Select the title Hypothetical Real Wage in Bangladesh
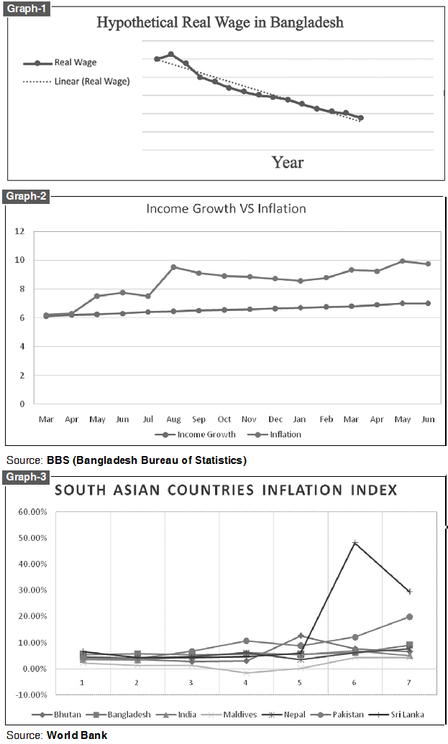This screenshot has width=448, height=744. click(x=220, y=23)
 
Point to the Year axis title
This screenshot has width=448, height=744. click(x=287, y=162)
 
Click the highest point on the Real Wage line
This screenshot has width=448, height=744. click(x=171, y=54)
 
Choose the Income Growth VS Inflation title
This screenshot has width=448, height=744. click(x=226, y=209)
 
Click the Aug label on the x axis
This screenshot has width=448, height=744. click(x=173, y=418)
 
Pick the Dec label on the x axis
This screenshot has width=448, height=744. click(x=275, y=418)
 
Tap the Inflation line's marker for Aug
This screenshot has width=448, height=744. click(x=173, y=267)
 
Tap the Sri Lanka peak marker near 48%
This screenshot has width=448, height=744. click(x=355, y=543)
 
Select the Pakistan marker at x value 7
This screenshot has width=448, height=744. click(x=409, y=617)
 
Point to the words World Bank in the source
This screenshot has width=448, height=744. click(x=77, y=735)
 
